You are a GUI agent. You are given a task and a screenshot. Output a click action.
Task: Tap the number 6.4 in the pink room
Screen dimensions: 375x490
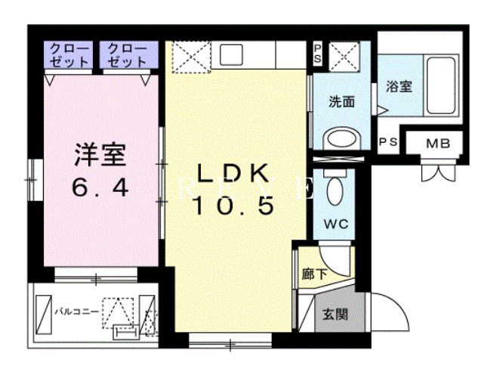[99, 187]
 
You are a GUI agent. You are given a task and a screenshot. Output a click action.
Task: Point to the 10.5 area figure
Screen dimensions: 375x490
[232, 206]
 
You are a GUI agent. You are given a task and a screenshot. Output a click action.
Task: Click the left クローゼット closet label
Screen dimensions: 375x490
[69, 54]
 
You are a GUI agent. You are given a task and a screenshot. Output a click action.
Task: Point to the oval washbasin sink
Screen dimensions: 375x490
[341, 139]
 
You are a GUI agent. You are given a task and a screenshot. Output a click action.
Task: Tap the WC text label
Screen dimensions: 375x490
[336, 225]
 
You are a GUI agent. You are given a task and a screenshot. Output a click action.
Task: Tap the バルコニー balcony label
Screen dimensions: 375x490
[77, 310]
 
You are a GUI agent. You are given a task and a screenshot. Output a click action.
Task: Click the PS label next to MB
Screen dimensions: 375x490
[388, 142]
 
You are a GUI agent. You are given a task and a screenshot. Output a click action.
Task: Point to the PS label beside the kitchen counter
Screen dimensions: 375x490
[317, 52]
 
